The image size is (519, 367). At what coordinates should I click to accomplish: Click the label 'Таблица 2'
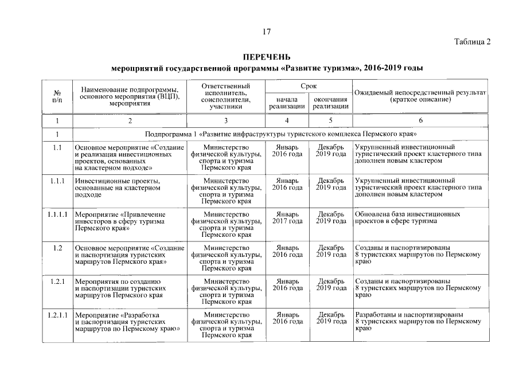[x=473, y=42]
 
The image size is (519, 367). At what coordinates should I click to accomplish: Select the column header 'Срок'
[x=308, y=85]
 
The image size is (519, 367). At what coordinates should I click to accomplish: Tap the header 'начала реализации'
[x=287, y=103]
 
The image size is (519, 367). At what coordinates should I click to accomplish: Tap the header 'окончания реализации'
[x=331, y=103]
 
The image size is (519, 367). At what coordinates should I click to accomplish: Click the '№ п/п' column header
[x=57, y=96]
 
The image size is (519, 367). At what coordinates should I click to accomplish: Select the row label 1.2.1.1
[x=57, y=315]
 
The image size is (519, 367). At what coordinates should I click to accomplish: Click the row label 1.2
[x=57, y=248]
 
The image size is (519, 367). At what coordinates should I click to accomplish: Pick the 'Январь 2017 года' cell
[x=287, y=218]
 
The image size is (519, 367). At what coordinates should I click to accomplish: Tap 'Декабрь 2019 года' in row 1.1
[x=331, y=151]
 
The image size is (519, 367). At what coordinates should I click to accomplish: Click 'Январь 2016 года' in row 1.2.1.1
[x=287, y=319]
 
